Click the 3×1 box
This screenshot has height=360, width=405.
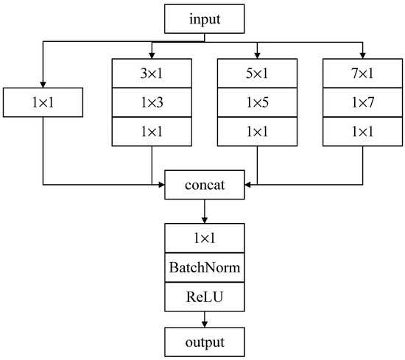pos(152,73)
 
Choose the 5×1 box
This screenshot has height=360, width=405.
pos(257,73)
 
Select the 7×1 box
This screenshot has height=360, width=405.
pos(362,73)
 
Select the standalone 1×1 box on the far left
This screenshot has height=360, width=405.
pos(43,102)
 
